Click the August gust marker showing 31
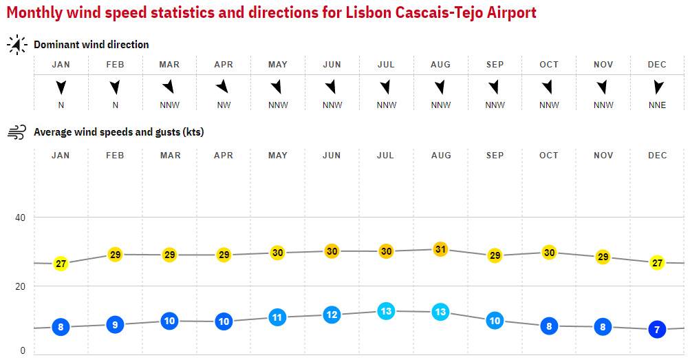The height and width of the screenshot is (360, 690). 440,249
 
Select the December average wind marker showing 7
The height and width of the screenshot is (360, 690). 657,330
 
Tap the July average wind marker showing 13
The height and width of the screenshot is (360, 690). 386,311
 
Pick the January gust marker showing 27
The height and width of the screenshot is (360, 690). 61,264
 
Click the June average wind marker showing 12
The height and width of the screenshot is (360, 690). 332,315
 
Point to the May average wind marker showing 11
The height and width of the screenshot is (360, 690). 277,317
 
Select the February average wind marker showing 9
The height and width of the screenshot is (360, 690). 115,325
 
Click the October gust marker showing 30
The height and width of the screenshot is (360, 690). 549,253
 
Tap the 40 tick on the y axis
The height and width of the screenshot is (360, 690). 20,218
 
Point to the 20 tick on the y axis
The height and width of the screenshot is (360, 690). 20,286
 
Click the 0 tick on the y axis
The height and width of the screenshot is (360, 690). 22,350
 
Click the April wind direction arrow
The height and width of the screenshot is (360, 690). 223,87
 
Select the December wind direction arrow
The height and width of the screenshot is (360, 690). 658,87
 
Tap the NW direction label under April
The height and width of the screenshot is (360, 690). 224,105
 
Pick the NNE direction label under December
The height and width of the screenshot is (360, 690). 657,105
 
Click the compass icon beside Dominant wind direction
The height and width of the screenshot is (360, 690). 17,45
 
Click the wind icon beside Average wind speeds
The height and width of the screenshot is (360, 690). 17,132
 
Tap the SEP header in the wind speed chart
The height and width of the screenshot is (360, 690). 495,156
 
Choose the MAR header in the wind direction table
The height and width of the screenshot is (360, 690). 169,65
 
